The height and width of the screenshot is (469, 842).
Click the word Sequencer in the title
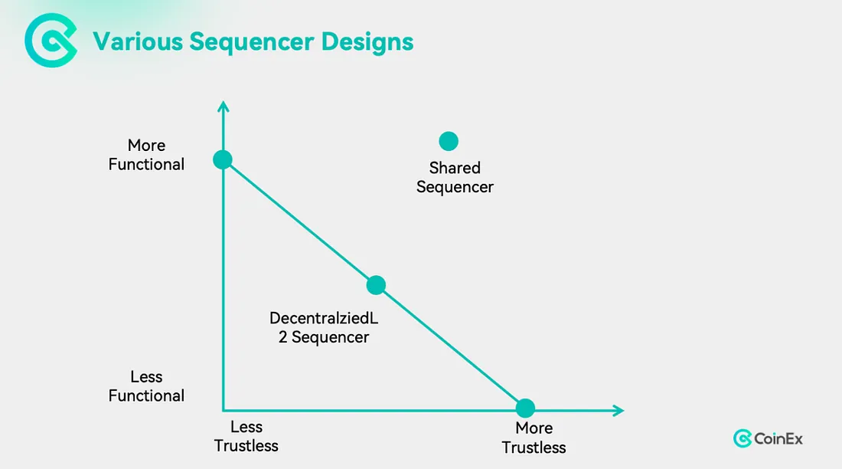click(253, 41)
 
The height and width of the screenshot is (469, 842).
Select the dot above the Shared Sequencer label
click(449, 141)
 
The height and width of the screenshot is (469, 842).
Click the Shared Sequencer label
click(455, 177)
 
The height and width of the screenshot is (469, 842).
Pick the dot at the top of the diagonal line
click(222, 159)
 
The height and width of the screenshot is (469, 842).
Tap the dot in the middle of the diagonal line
click(376, 285)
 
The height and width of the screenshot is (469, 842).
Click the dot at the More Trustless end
click(525, 408)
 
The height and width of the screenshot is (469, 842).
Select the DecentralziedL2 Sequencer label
click(324, 327)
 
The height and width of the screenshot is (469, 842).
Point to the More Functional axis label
click(146, 155)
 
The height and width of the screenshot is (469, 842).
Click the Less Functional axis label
click(146, 386)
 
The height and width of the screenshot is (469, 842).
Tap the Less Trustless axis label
click(246, 437)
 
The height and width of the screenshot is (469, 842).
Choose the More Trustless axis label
click(534, 438)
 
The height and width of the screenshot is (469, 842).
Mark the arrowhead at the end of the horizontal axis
click(618, 411)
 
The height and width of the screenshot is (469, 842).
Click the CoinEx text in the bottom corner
click(778, 439)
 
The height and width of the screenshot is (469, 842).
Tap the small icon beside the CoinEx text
click(742, 438)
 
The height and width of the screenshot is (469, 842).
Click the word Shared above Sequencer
click(455, 168)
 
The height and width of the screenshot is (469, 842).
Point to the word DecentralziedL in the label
click(324, 318)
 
